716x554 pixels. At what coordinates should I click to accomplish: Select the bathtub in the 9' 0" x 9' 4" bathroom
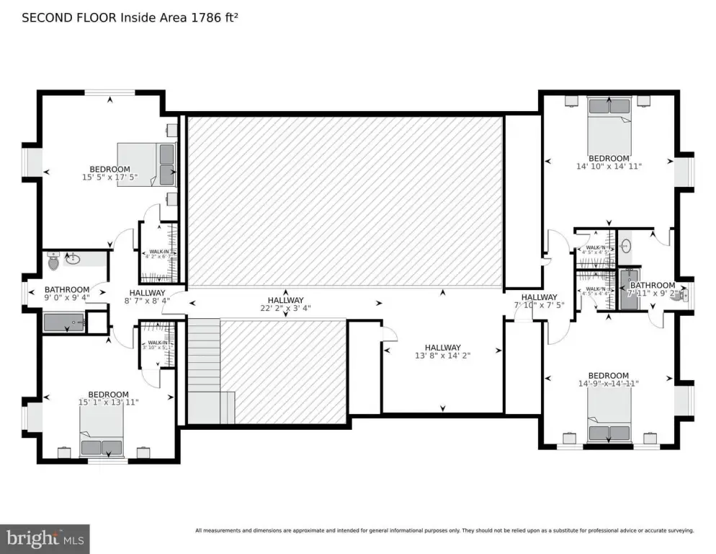(x=64, y=322)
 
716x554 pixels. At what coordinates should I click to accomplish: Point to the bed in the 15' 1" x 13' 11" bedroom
(x=102, y=436)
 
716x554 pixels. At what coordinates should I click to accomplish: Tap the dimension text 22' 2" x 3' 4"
(x=285, y=309)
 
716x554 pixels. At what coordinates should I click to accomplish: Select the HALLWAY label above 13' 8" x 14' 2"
(x=442, y=347)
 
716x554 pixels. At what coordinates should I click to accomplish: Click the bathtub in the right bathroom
(x=628, y=290)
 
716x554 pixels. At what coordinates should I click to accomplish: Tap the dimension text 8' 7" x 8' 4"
(x=147, y=301)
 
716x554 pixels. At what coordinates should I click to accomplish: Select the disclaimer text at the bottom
(x=444, y=531)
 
